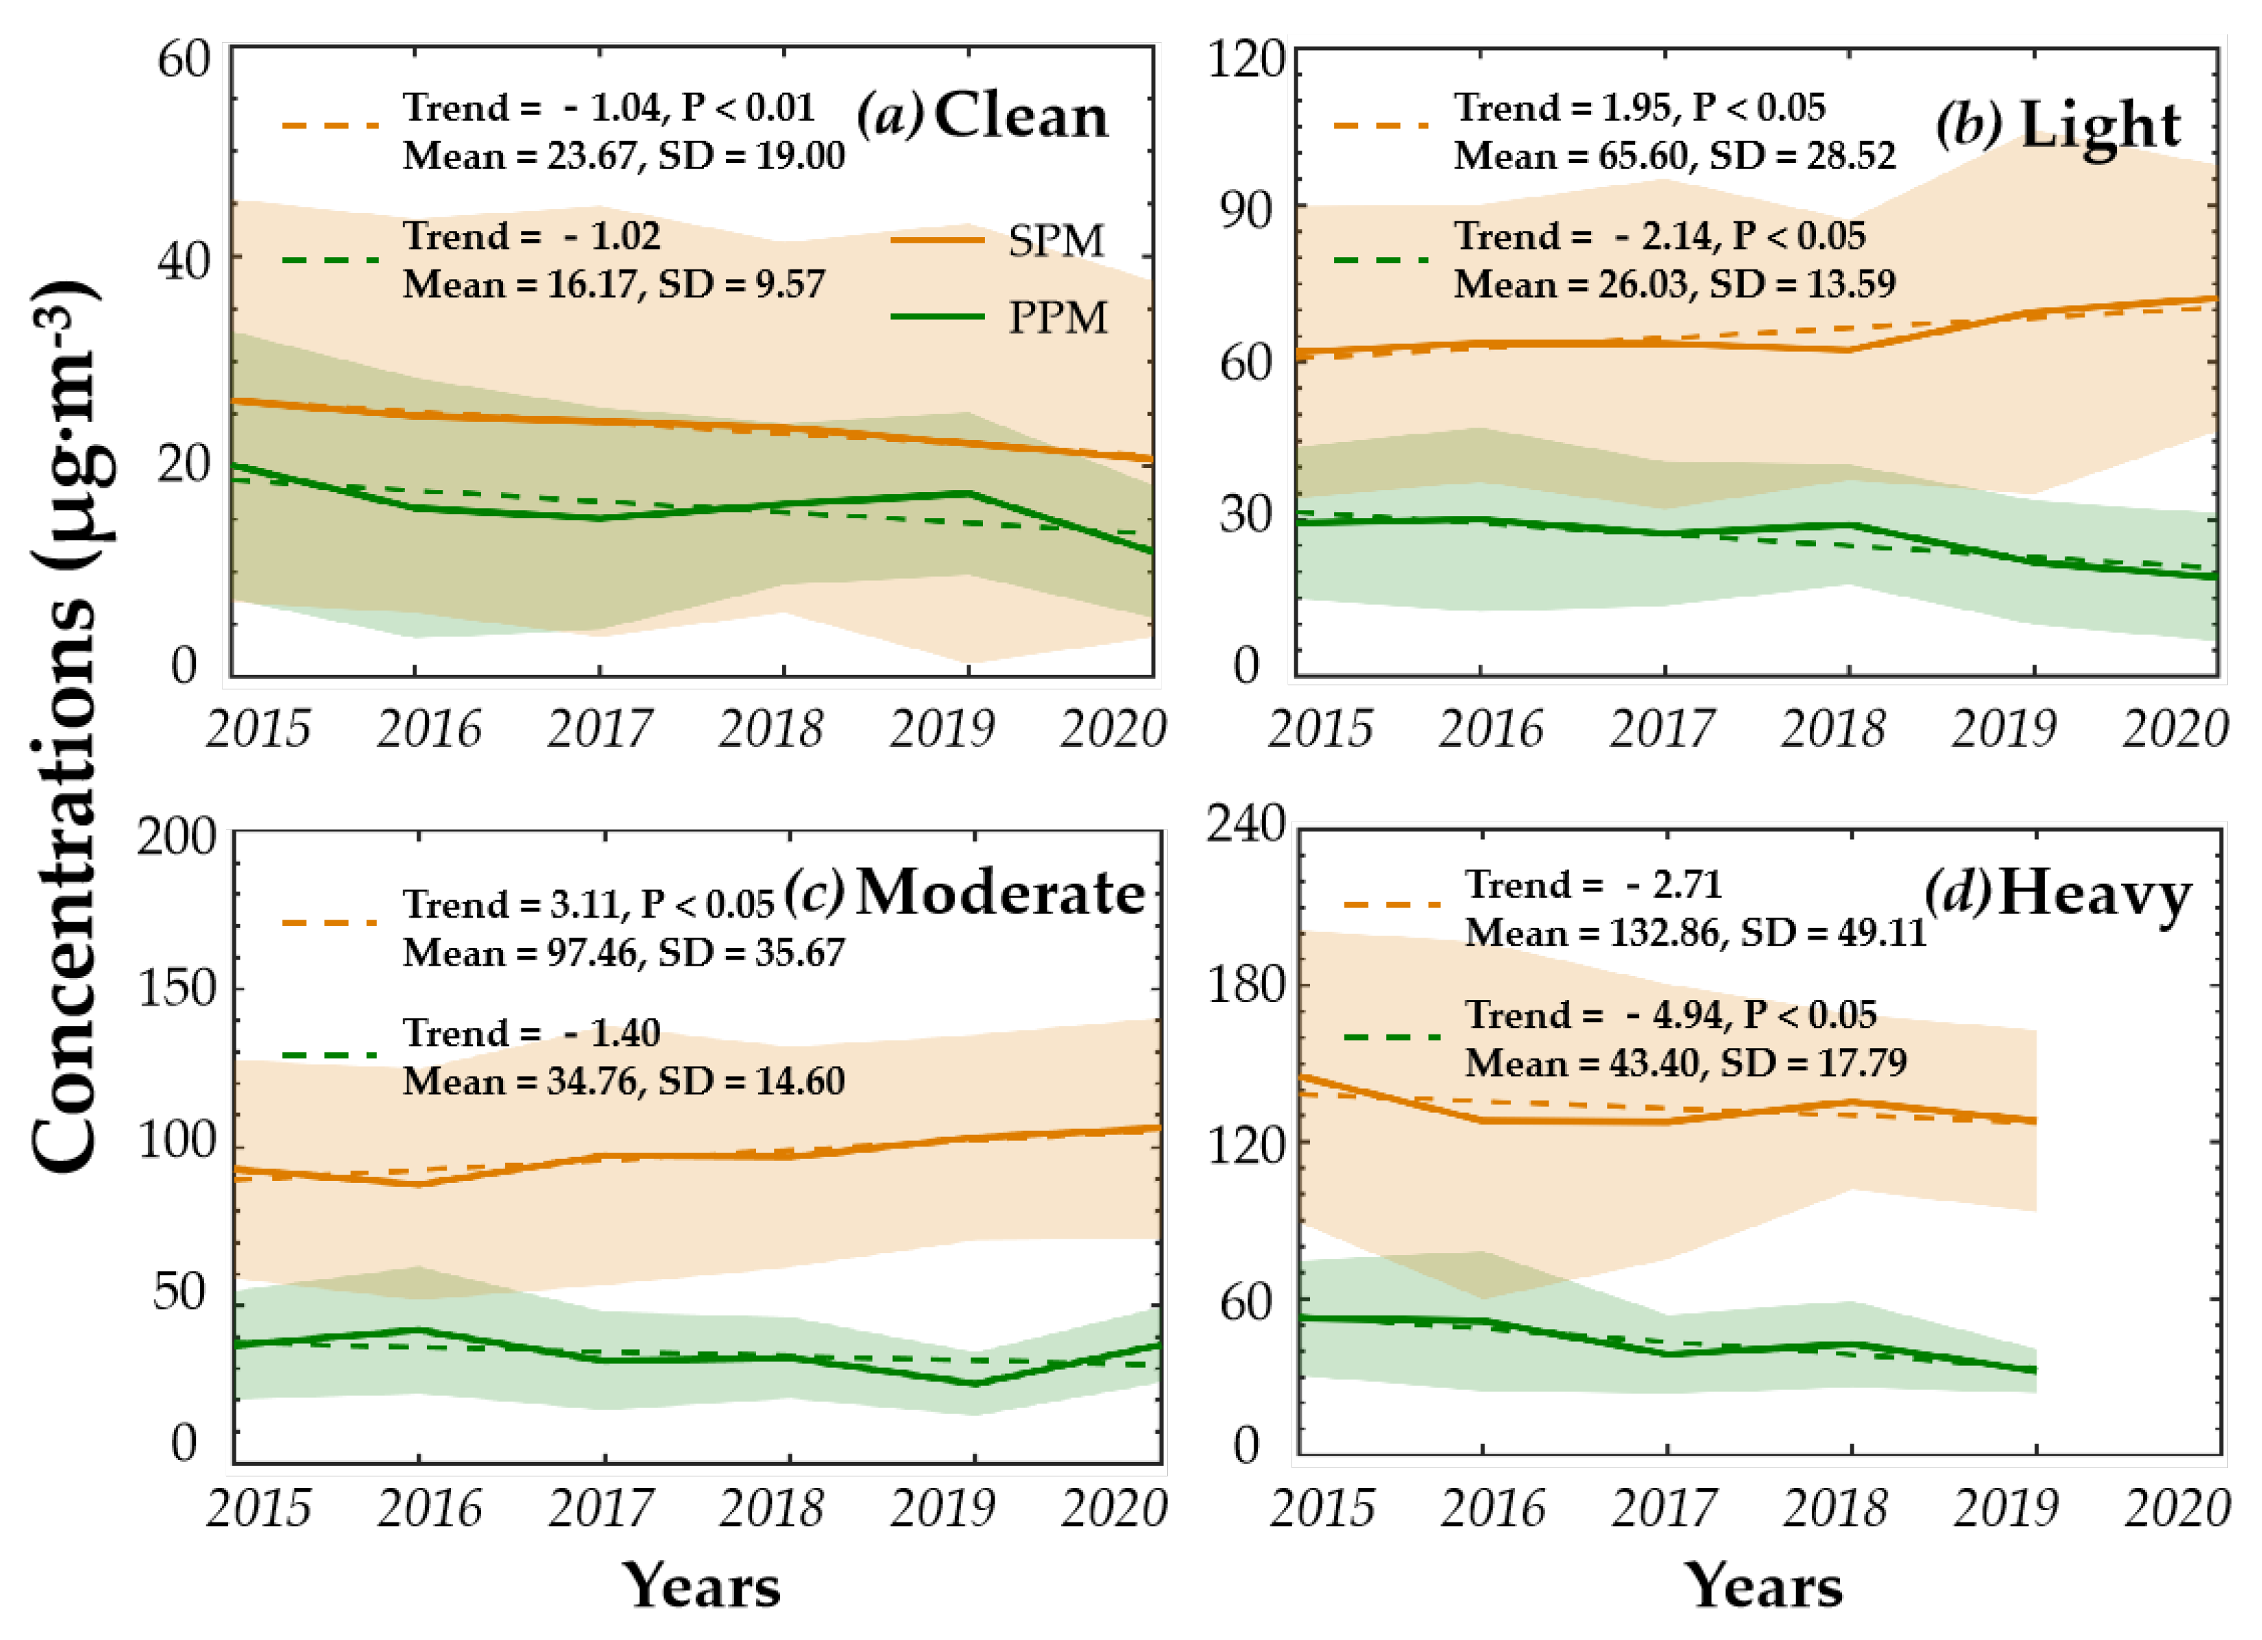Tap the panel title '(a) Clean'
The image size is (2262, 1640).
point(982,115)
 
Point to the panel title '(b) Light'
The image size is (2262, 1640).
point(2058,126)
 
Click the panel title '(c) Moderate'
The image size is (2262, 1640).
point(964,891)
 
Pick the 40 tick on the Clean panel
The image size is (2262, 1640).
point(184,263)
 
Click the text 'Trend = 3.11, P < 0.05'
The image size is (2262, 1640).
point(588,904)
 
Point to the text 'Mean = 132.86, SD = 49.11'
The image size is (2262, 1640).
point(1696,933)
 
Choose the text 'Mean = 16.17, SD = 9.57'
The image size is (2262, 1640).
point(613,285)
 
